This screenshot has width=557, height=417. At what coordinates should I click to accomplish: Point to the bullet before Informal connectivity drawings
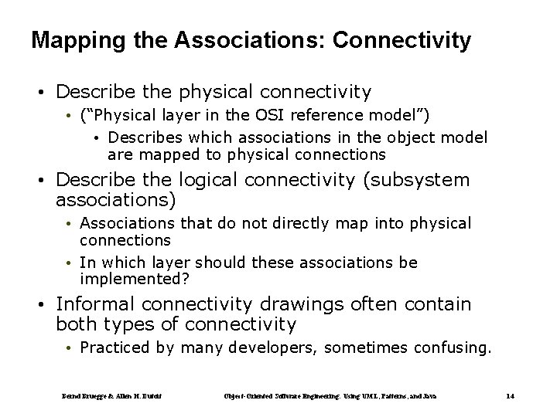(46, 304)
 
